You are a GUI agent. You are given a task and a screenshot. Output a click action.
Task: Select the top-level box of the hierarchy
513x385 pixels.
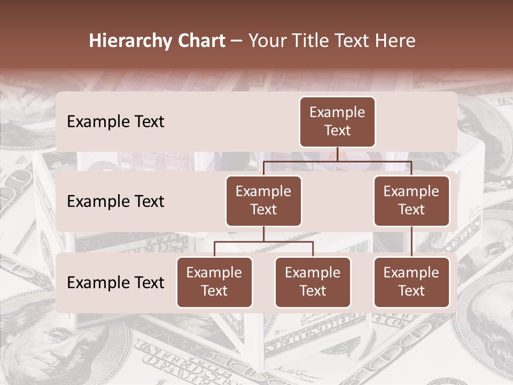point(337,121)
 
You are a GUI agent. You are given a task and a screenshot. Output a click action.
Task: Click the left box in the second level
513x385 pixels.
point(263,201)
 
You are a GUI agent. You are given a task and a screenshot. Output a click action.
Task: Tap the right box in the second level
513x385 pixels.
point(411,201)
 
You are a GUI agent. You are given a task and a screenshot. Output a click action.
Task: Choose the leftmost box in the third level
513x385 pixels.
point(214,282)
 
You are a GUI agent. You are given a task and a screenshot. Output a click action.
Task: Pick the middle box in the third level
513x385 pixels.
point(313,282)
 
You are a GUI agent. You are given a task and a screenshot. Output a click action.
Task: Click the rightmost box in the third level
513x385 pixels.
point(411,282)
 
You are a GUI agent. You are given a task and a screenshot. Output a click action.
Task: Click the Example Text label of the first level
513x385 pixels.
point(115,121)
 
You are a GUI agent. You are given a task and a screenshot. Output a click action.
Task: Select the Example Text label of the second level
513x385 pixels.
point(115,201)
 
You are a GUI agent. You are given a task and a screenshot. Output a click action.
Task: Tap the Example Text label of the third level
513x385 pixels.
point(115,282)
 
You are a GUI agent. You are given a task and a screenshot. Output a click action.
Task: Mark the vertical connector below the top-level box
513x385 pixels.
point(337,155)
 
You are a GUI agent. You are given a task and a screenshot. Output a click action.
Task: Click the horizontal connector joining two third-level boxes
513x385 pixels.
point(263,242)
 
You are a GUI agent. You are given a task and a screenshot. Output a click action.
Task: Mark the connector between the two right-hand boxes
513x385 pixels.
point(411,242)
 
